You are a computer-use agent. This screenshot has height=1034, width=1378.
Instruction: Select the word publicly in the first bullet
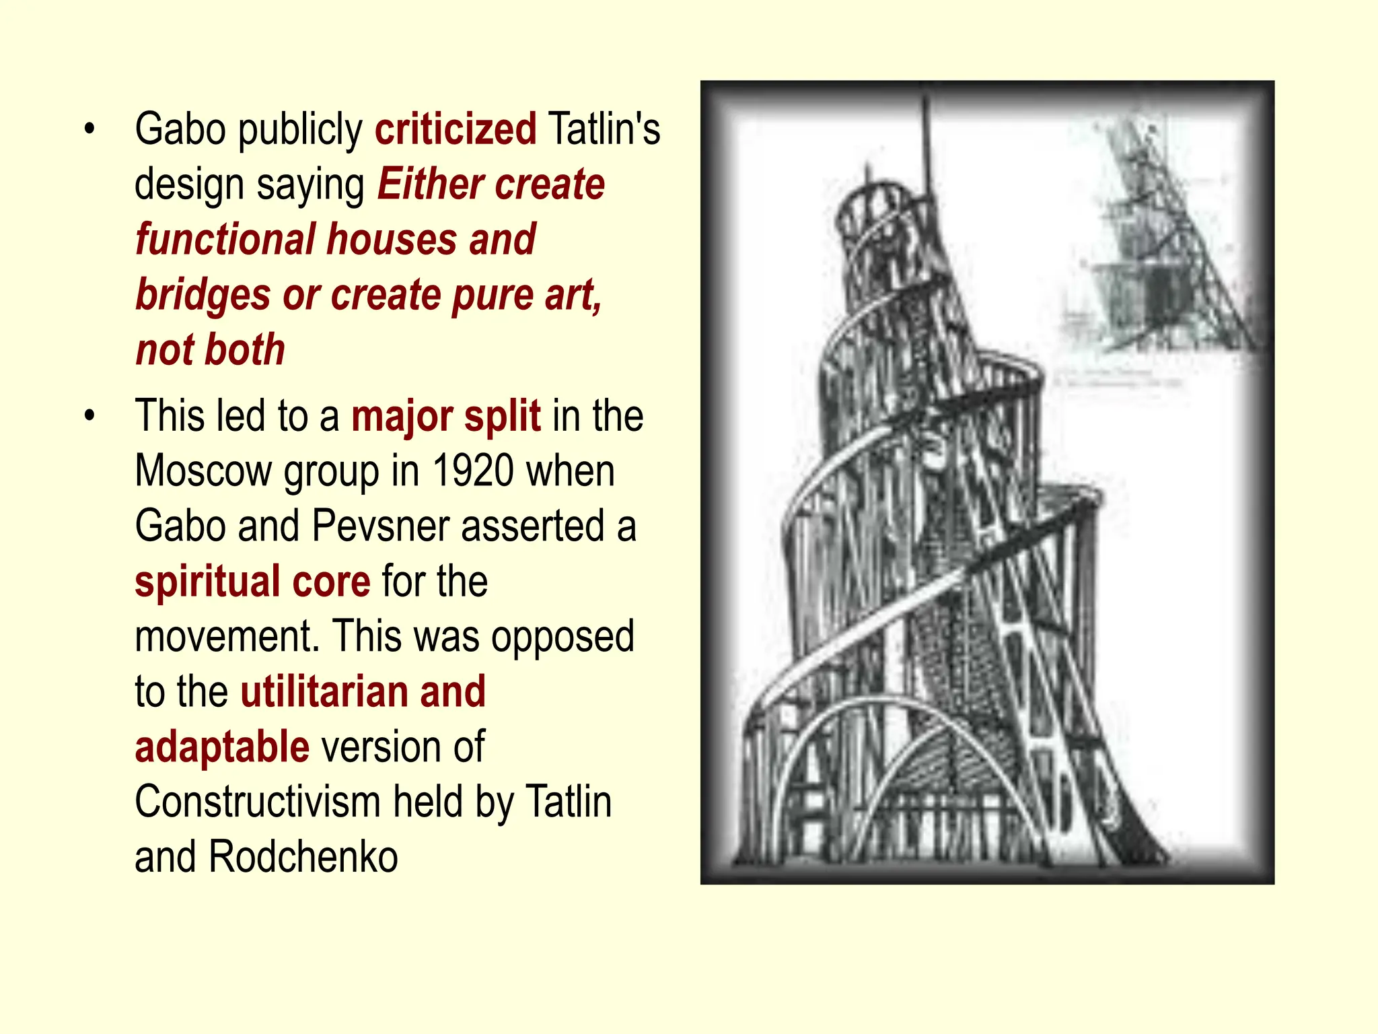(x=300, y=130)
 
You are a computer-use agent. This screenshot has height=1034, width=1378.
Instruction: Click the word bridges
(x=203, y=296)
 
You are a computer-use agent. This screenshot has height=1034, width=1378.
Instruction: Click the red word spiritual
(x=207, y=582)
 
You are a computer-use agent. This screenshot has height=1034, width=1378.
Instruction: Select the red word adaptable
(x=222, y=747)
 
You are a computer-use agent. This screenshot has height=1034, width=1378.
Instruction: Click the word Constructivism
(x=258, y=802)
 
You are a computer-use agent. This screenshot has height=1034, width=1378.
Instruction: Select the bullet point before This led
(x=90, y=415)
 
